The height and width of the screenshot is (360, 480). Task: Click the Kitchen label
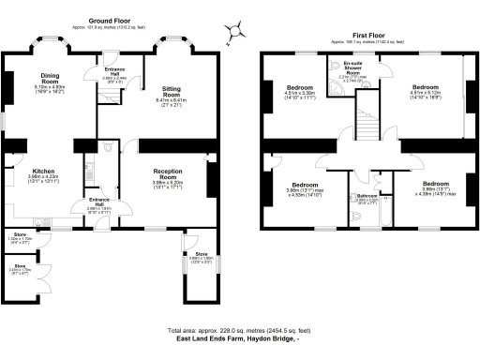(30, 170)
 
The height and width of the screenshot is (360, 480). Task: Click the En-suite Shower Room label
(337, 68)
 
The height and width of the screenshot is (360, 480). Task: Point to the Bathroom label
(367, 196)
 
